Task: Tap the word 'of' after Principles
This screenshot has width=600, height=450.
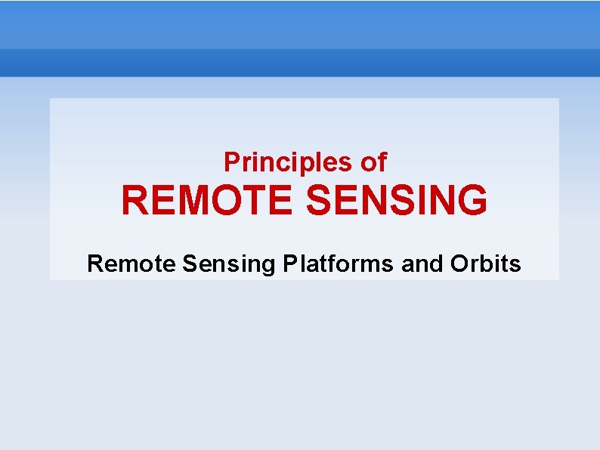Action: (374, 162)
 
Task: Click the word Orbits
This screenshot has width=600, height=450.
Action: (486, 264)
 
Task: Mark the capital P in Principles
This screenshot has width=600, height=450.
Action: (231, 162)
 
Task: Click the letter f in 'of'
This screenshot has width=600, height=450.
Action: (382, 162)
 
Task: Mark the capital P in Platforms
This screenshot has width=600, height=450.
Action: (289, 264)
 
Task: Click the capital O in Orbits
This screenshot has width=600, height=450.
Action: (459, 264)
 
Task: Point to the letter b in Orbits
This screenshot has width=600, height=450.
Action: (484, 264)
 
